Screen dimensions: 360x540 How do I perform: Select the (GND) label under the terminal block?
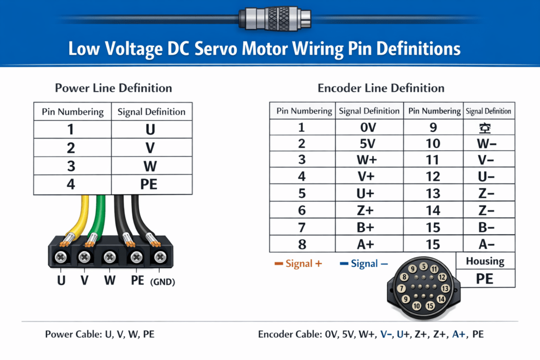coord(162,282)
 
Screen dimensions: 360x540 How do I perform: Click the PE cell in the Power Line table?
coord(151,184)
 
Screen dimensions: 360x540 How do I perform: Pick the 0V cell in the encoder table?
coord(369,127)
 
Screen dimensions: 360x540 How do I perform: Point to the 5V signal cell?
coord(369,144)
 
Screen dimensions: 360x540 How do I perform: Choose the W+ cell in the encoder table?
coord(369,160)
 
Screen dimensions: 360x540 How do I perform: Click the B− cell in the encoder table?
coord(488,227)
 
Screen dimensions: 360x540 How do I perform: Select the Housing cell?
coord(485,261)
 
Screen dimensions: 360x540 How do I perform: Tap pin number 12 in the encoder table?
coord(433,177)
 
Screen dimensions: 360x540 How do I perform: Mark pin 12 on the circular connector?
coord(442,277)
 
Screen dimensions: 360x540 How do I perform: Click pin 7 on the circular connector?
coord(401,288)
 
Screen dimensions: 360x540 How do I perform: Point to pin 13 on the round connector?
coord(446,288)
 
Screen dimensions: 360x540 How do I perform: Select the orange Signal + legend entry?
coord(298,264)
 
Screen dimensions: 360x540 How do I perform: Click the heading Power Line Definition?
coord(113,88)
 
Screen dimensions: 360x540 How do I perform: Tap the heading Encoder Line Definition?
coord(381,88)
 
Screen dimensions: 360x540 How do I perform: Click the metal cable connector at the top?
coord(275,18)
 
